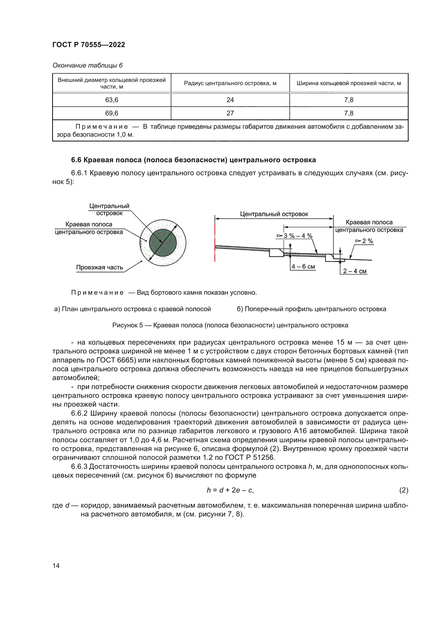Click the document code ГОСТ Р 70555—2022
[89, 45]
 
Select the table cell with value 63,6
[112, 100]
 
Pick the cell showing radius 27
[230, 113]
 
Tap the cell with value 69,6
[112, 113]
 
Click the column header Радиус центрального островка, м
[230, 83]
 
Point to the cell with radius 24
[230, 100]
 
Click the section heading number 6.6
[76, 160]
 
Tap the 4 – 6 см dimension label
[303, 266]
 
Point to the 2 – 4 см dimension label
[354, 271]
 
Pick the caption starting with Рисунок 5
[230, 325]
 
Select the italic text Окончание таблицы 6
[88, 65]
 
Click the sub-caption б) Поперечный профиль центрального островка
[311, 309]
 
